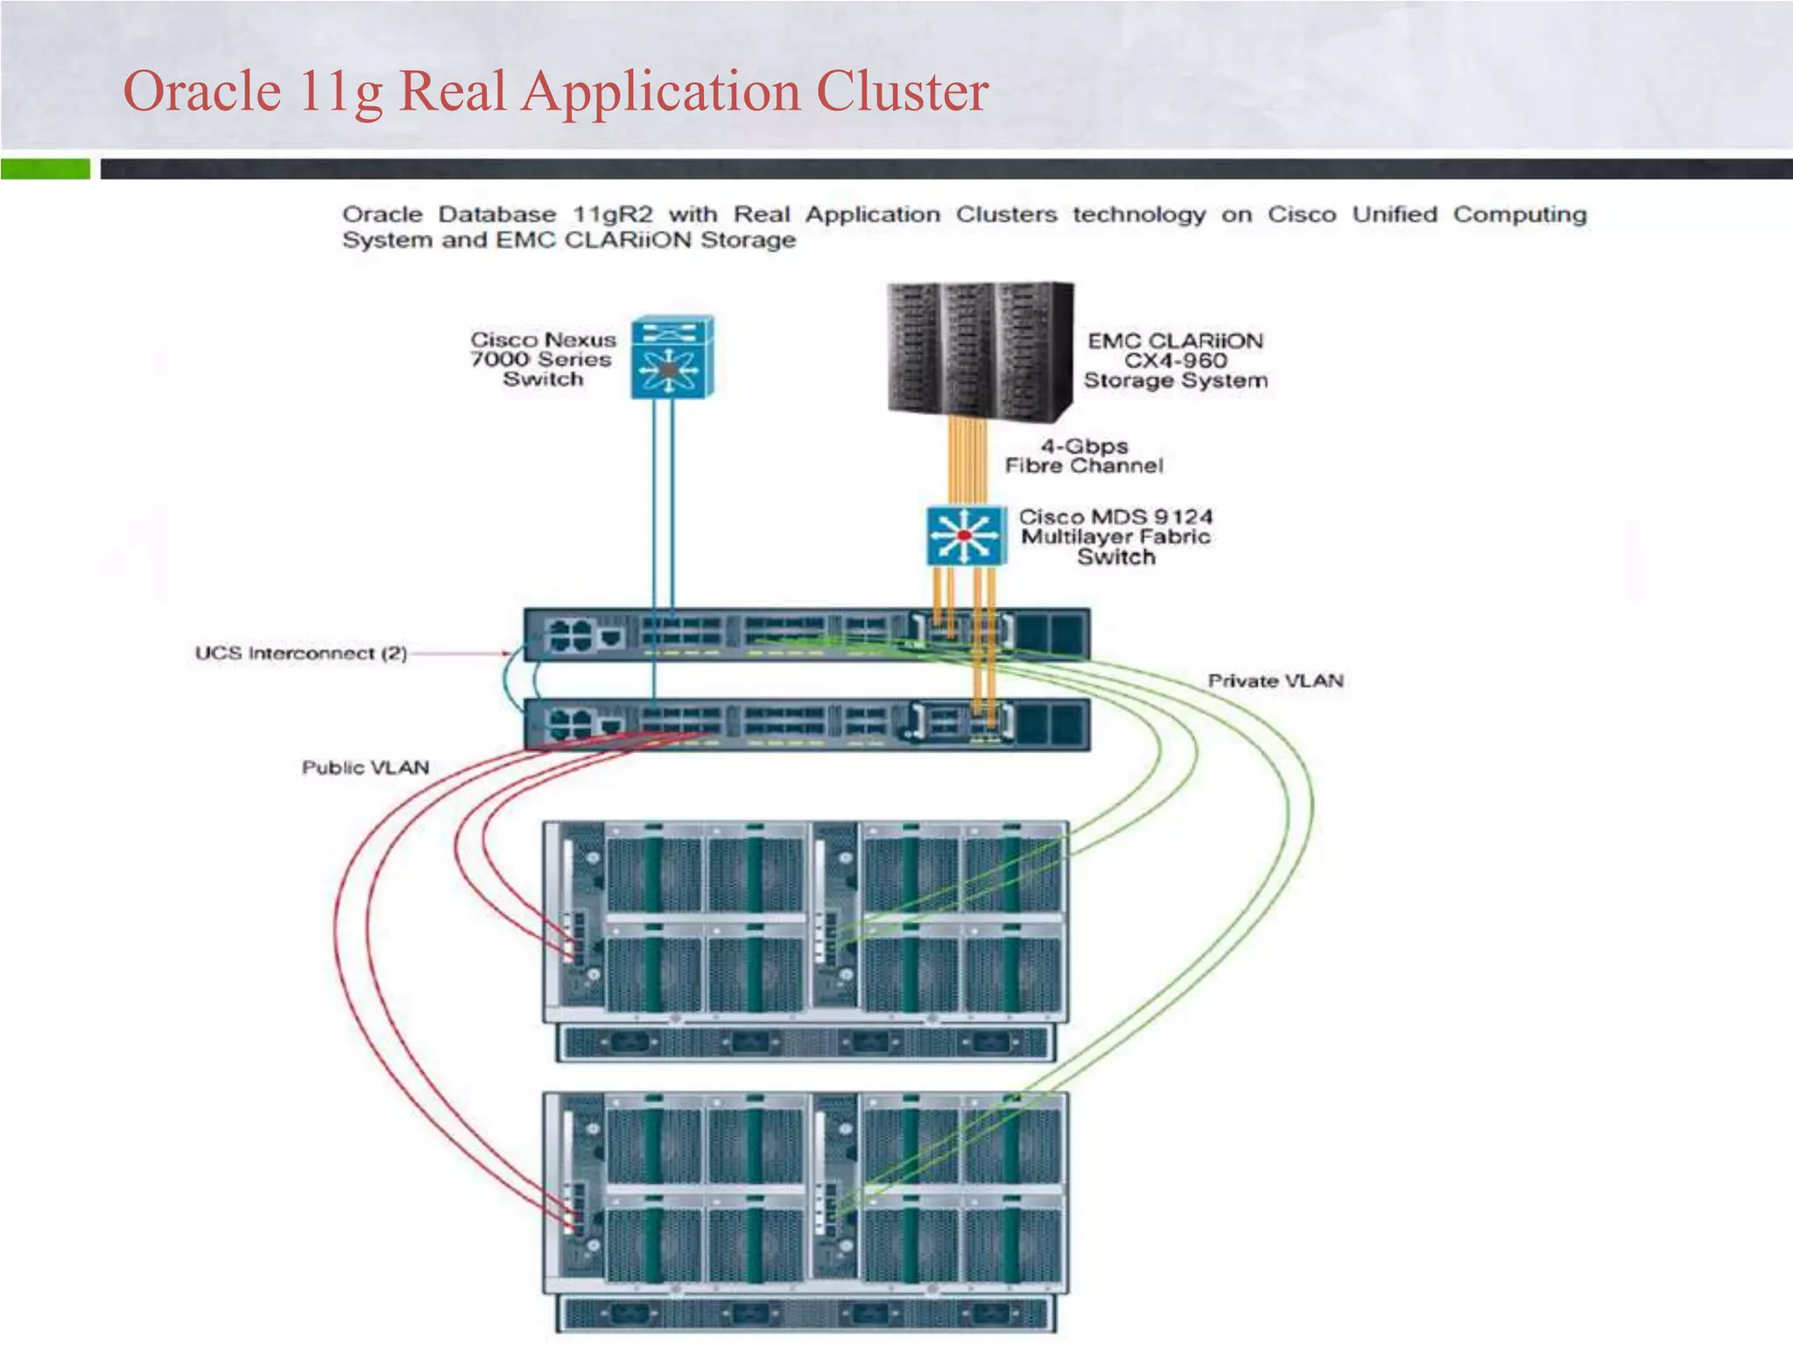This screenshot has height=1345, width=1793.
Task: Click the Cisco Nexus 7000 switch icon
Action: pyautogui.click(x=671, y=357)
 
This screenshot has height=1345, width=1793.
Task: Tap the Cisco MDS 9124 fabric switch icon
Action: pyautogui.click(x=965, y=535)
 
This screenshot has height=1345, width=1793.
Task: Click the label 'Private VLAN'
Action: pyautogui.click(x=1275, y=680)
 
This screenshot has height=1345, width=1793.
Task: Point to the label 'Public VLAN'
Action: pyautogui.click(x=365, y=767)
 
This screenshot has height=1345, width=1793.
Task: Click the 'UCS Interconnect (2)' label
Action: pyautogui.click(x=300, y=653)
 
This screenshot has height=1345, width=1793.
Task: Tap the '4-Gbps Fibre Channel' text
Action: pyautogui.click(x=1083, y=456)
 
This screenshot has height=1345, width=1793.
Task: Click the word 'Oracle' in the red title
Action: pyautogui.click(x=201, y=91)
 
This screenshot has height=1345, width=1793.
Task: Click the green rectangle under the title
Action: pyautogui.click(x=45, y=168)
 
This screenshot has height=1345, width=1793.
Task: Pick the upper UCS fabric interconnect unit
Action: pyautogui.click(x=805, y=633)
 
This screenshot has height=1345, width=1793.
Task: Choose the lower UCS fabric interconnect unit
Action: pyautogui.click(x=805, y=724)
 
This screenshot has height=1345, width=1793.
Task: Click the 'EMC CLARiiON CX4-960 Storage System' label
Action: pyautogui.click(x=1175, y=361)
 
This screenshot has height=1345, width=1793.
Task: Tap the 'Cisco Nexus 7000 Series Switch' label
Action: pyautogui.click(x=543, y=359)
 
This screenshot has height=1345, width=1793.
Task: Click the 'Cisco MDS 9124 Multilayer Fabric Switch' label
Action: pyautogui.click(x=1115, y=537)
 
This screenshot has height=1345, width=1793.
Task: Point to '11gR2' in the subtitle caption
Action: pyautogui.click(x=612, y=215)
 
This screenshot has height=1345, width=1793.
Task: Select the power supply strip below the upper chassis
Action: pyautogui.click(x=805, y=1042)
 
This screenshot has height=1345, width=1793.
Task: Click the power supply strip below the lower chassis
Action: pyautogui.click(x=805, y=1313)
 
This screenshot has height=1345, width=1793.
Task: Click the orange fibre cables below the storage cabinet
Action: pyautogui.click(x=967, y=460)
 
